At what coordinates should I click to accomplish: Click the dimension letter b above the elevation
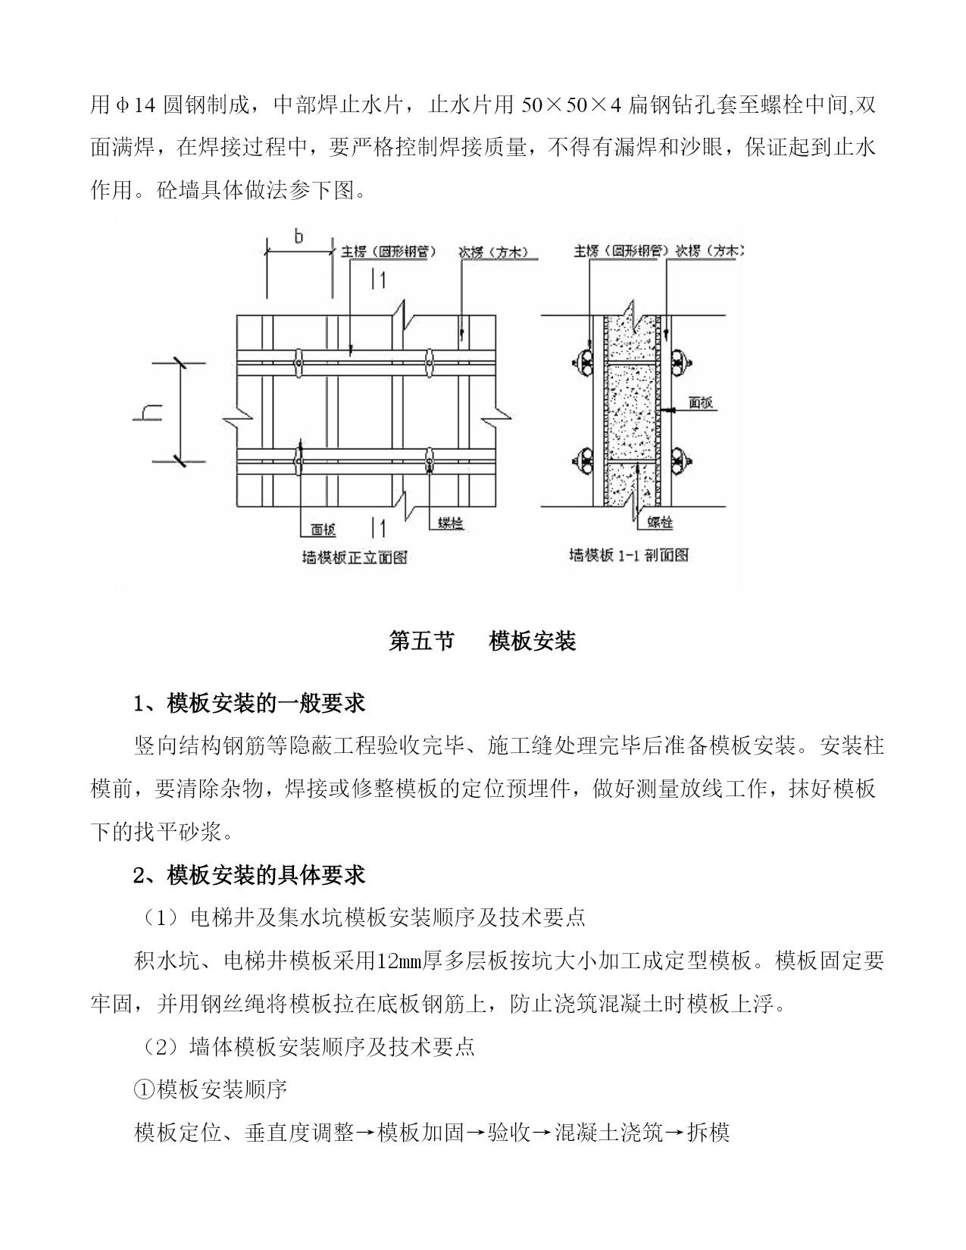pos(299,236)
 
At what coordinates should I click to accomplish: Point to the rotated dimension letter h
pos(148,412)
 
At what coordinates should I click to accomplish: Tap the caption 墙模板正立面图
pos(355,557)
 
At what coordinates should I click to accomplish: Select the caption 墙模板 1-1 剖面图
pos(628,555)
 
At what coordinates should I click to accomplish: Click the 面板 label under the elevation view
pos(324,529)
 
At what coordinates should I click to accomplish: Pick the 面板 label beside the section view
pos(701,403)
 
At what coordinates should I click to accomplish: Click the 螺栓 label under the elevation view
pos(451,523)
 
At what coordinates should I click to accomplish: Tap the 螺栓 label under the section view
pos(660,522)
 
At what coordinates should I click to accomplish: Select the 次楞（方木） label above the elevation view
pos(494,252)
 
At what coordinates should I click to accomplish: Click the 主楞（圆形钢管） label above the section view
pos(616,252)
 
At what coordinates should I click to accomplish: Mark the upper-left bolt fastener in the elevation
pos(298,363)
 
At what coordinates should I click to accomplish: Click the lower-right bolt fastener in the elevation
pos(429,462)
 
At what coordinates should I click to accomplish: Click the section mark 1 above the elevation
pos(379,280)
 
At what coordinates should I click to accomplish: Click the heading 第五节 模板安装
pos(482,640)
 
